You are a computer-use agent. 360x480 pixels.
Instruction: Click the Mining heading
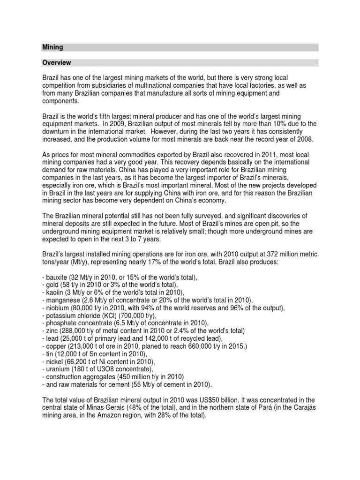(x=52, y=47)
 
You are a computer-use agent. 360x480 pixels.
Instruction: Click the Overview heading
(x=56, y=62)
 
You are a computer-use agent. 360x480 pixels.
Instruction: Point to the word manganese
(x=62, y=300)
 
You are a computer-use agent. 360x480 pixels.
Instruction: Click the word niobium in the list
(x=56, y=307)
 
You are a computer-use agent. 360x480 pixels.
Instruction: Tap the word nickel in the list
(x=53, y=361)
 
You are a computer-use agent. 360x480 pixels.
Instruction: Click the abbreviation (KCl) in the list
(x=117, y=315)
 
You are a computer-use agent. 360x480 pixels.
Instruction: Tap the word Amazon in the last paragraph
(x=117, y=415)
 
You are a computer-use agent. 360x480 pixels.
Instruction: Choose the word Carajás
(x=305, y=408)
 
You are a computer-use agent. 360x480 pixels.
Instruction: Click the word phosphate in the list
(x=59, y=323)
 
